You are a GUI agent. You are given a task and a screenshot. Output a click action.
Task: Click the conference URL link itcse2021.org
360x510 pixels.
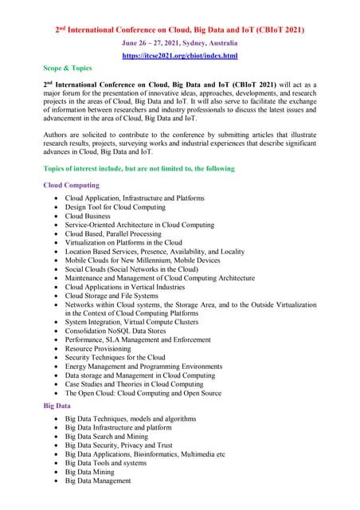click(179, 56)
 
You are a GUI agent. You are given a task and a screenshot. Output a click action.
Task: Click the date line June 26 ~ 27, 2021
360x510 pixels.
click(179, 43)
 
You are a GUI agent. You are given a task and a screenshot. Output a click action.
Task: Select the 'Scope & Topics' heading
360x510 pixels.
click(68, 69)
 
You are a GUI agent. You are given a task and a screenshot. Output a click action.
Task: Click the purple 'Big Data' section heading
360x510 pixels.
click(57, 406)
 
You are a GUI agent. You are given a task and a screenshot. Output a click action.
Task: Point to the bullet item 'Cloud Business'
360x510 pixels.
click(88, 215)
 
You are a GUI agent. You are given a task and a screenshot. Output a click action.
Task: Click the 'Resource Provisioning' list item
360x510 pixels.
click(98, 348)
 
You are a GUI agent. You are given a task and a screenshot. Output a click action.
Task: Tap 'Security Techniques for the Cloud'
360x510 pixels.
click(115, 358)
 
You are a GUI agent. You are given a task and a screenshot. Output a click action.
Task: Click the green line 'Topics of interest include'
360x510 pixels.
click(139, 169)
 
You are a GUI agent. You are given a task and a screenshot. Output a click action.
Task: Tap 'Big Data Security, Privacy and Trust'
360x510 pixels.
click(119, 445)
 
